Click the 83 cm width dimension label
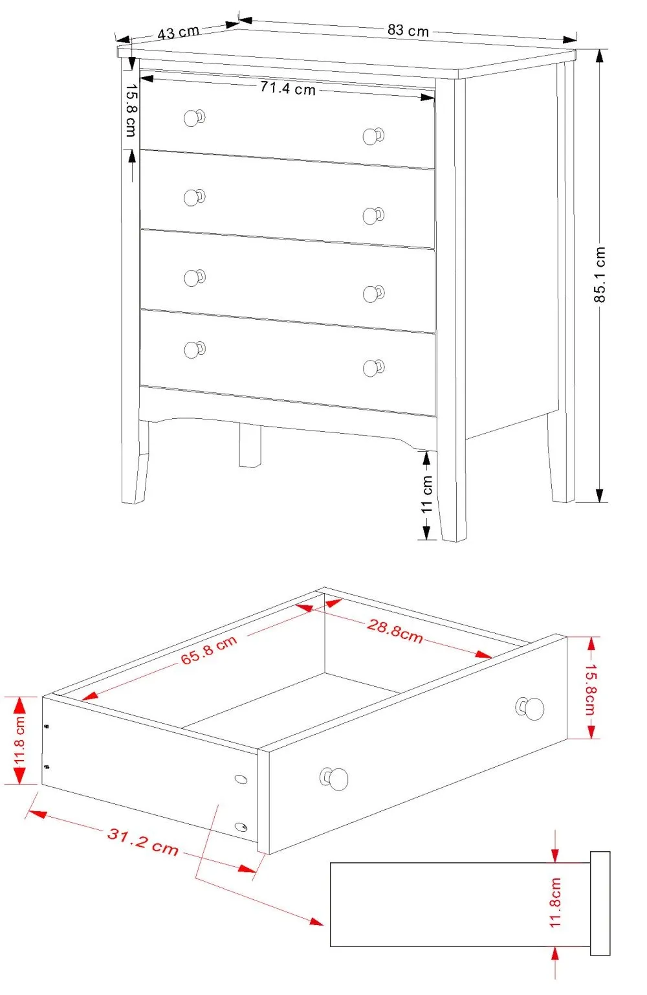tap(408, 30)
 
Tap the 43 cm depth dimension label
tap(178, 32)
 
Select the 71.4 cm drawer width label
tap(287, 88)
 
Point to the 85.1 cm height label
tap(600, 274)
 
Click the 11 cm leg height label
tap(427, 495)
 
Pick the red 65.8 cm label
tap(208, 650)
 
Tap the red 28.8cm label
tap(395, 631)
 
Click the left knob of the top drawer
tap(193, 118)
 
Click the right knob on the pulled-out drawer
tap(532, 708)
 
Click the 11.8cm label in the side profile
tap(556, 902)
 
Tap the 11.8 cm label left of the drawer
tap(19, 741)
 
